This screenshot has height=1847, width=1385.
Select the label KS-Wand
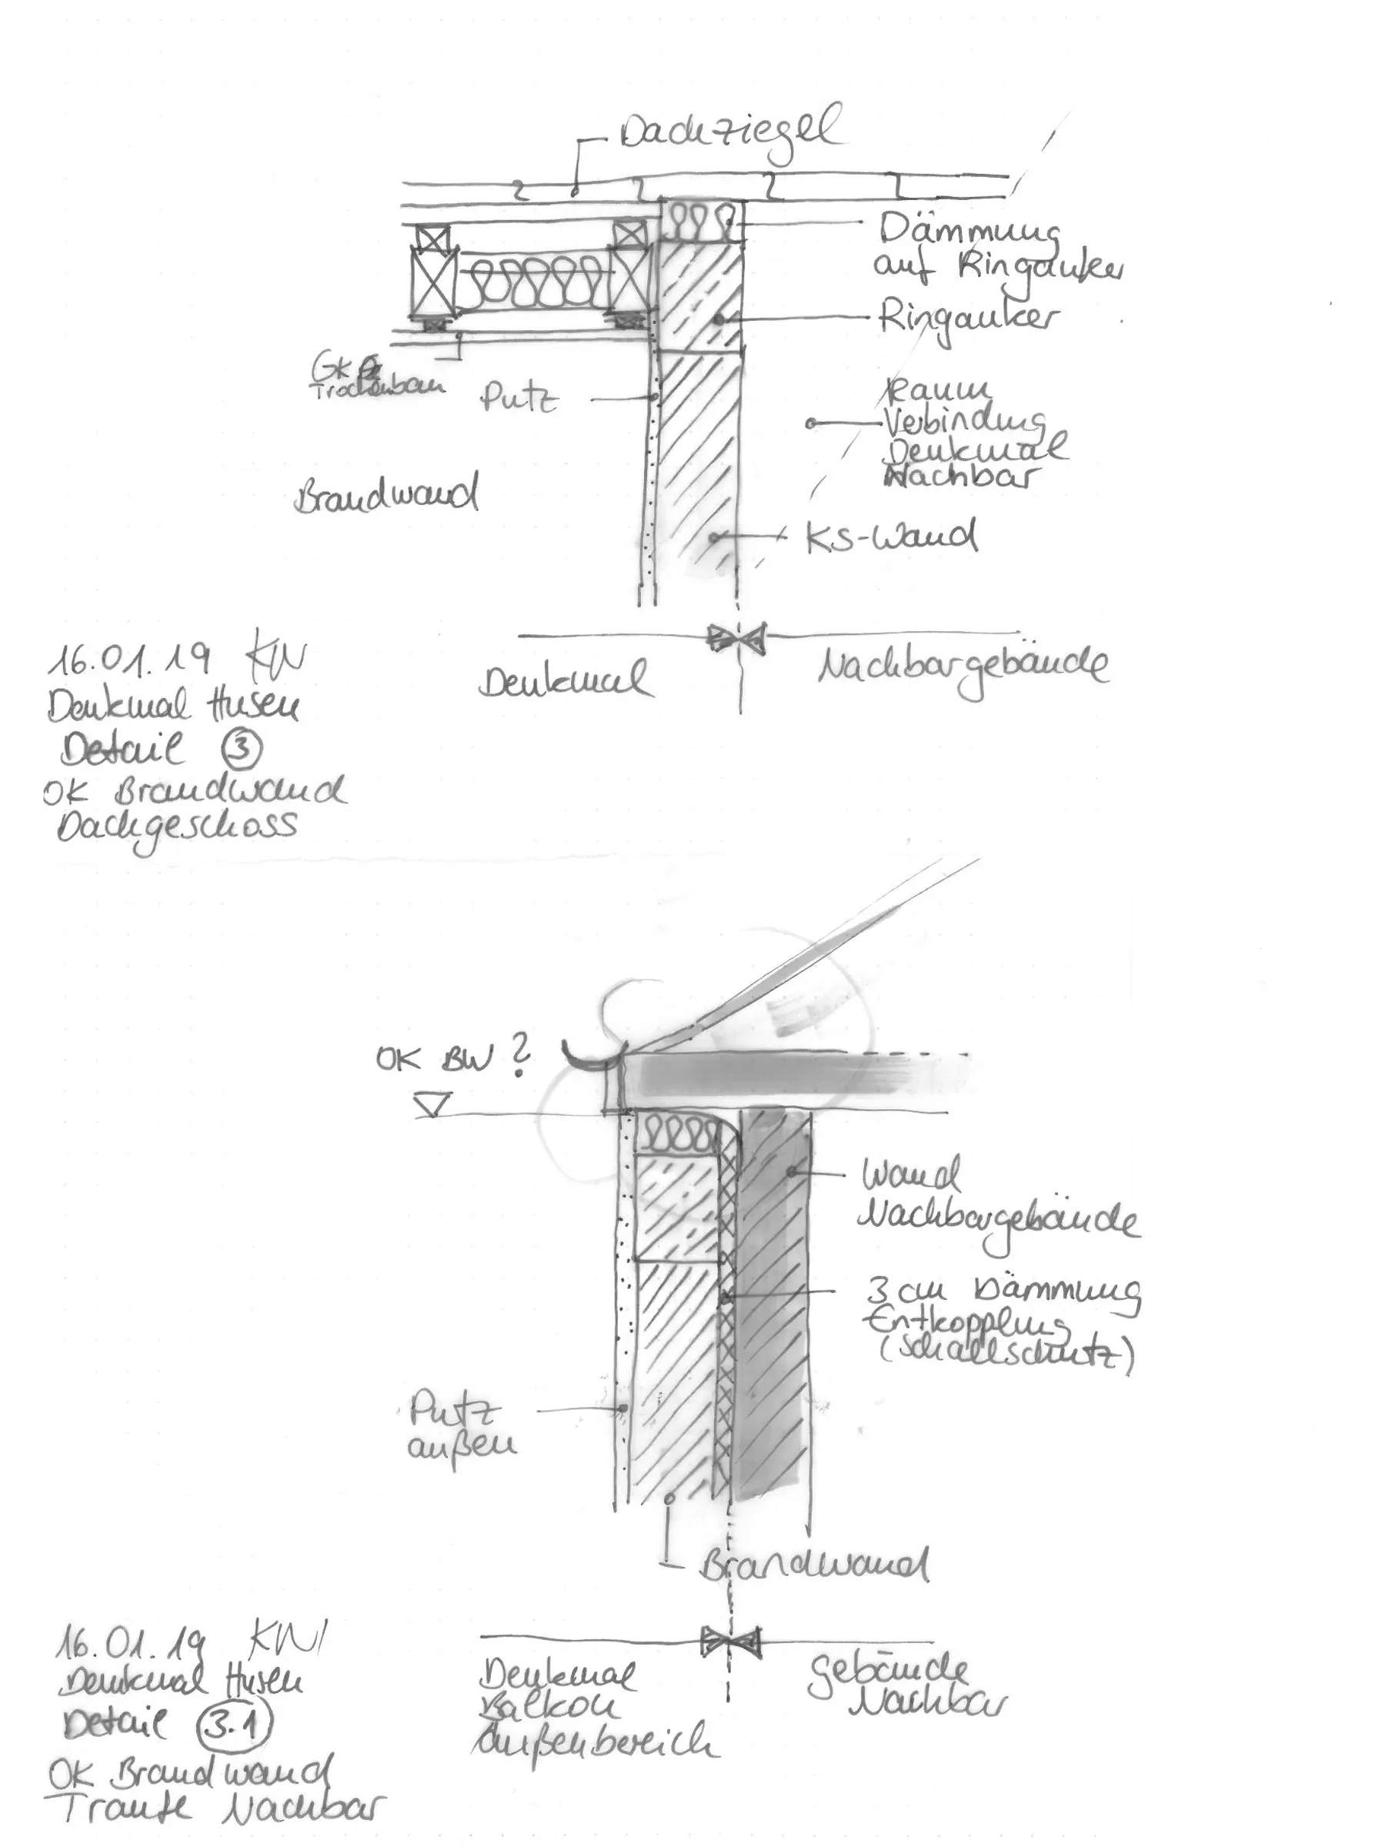pyautogui.click(x=891, y=537)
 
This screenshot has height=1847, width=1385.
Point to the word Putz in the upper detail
pyautogui.click(x=519, y=399)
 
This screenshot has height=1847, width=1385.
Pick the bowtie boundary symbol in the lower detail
pyautogui.click(x=730, y=1642)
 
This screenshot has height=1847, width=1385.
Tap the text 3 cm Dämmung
pyautogui.click(x=1000, y=1291)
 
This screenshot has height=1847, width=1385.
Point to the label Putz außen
pyautogui.click(x=460, y=1430)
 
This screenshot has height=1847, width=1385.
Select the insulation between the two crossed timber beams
pyautogui.click(x=533, y=283)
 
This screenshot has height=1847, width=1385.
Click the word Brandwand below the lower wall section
pyautogui.click(x=814, y=1565)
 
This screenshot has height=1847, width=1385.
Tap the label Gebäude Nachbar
pyautogui.click(x=905, y=1687)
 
